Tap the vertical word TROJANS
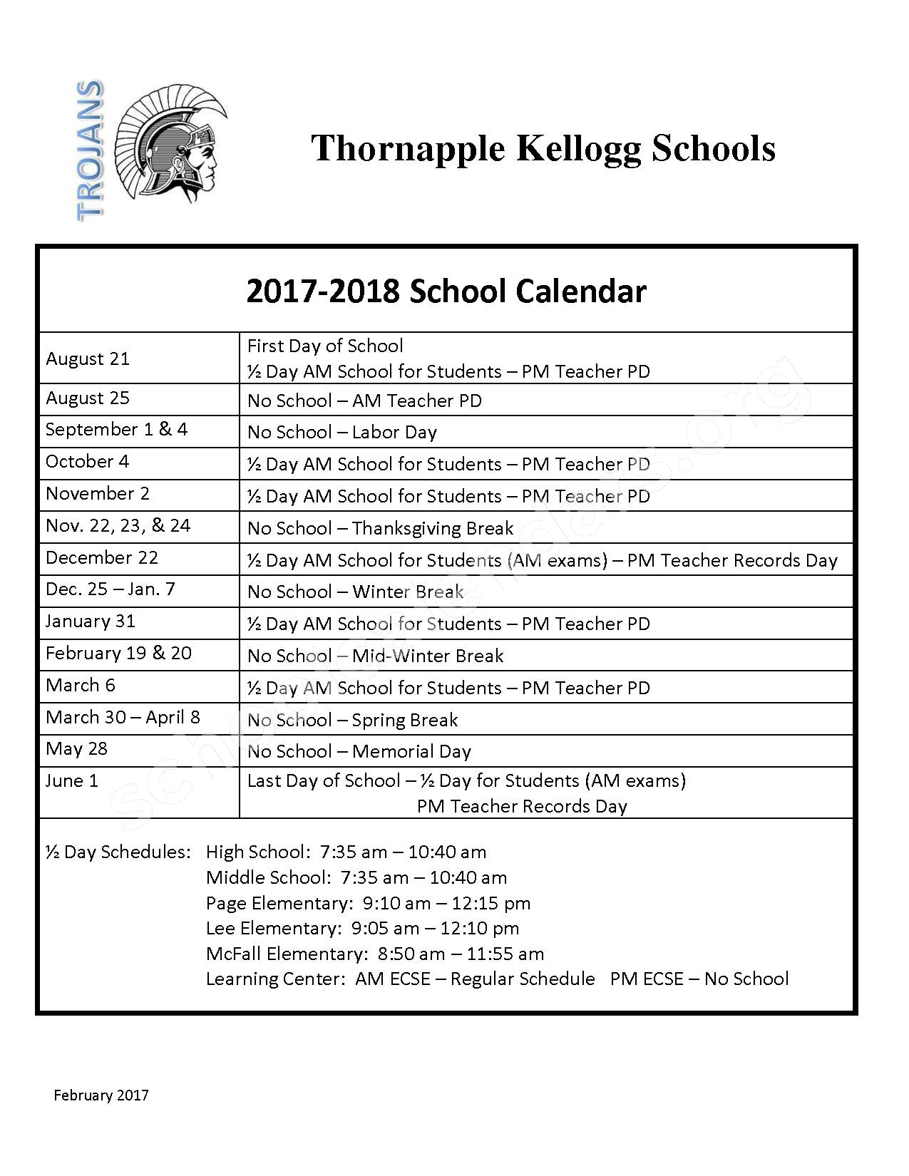(90, 150)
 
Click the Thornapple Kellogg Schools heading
(543, 148)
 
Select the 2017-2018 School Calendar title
(446, 292)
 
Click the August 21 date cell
(88, 359)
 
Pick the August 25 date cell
(88, 398)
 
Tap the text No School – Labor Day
(341, 432)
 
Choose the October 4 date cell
(87, 461)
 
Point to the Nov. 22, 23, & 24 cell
(118, 525)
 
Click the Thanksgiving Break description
(380, 528)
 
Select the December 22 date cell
(102, 557)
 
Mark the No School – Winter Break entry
(355, 592)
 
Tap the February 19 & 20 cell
(118, 653)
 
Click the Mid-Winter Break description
(375, 656)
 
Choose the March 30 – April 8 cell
(123, 717)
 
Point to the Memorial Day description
(359, 751)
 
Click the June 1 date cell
(72, 780)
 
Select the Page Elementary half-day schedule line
(368, 903)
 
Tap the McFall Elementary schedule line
(374, 954)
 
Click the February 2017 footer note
(101, 1095)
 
